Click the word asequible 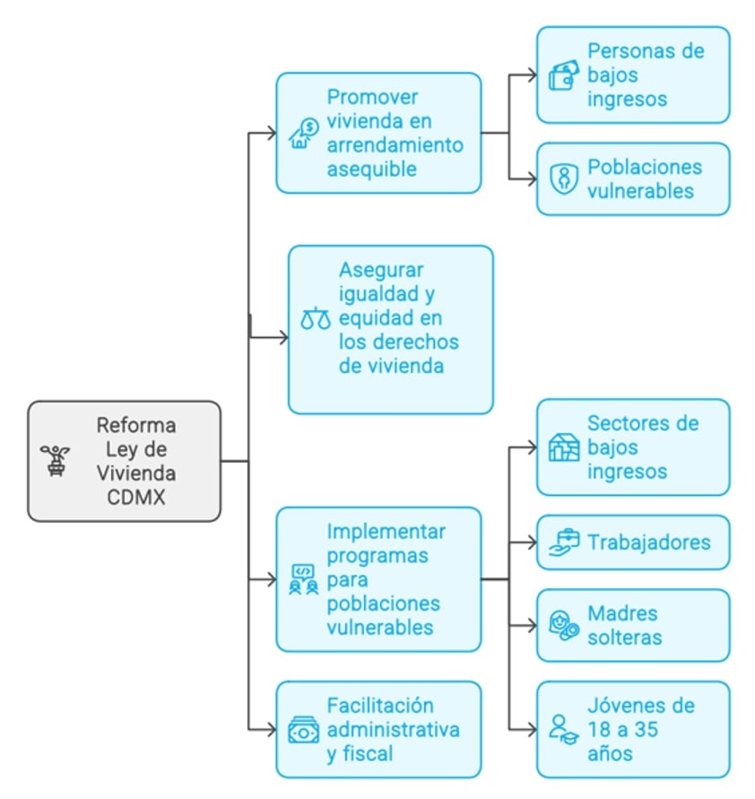[372, 169]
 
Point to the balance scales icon [316, 318]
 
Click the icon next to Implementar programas [302, 579]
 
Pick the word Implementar [386, 531]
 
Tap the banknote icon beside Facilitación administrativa [303, 731]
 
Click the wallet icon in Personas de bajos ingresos [564, 75]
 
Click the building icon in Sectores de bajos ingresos [564, 447]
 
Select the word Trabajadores [649, 542]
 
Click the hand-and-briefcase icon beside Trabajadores [564, 542]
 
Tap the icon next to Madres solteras [564, 626]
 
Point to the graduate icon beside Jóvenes [564, 728]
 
